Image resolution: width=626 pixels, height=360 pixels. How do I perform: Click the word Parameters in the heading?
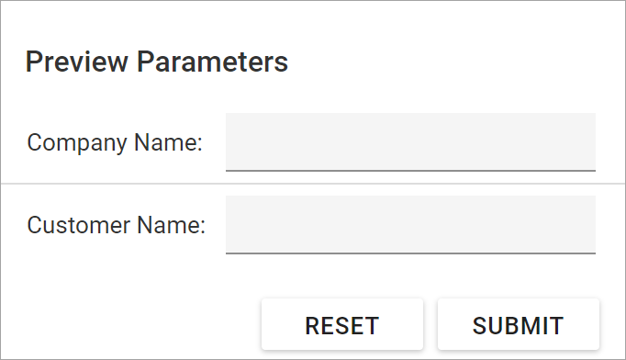213,62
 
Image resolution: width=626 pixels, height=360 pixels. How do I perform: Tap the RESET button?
341,325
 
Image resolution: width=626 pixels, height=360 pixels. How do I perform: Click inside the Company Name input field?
410,141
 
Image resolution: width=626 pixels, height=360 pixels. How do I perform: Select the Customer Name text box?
410,224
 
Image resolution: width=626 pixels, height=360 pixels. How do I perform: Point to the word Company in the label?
77,143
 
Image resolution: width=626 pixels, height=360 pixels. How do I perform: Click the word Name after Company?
165,143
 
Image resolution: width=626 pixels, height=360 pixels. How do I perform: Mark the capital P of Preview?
33,62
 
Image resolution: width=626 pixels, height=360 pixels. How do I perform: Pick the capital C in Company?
35,143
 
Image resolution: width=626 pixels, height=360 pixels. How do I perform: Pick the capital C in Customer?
35,226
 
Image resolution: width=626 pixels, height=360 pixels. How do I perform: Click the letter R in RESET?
312,326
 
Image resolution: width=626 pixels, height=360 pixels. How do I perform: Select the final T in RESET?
372,326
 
